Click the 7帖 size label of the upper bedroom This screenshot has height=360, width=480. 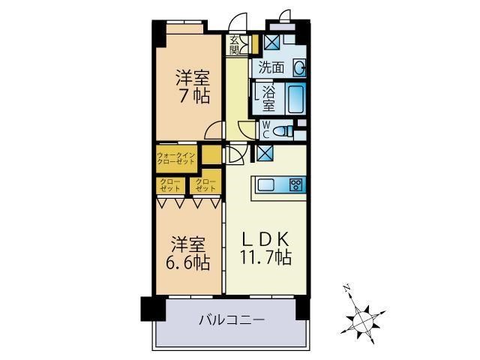coord(192,96)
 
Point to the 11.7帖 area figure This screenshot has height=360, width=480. coord(265,257)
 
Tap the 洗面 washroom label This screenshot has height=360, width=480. coord(271,67)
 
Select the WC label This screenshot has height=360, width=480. coord(265,130)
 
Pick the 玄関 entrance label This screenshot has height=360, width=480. coord(234,45)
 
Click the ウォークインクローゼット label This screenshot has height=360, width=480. coord(176,158)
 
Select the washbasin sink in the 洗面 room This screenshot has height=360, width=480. coord(299,67)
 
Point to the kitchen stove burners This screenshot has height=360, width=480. coord(295,185)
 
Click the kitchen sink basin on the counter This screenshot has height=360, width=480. coord(268,185)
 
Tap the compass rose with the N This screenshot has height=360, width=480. coord(362,314)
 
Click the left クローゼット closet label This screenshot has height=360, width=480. coord(169,184)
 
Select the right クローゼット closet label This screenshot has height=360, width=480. coord(205,184)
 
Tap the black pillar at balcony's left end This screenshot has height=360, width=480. coord(148,307)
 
